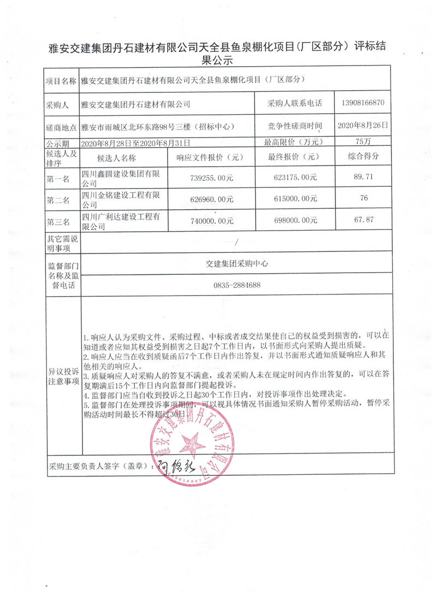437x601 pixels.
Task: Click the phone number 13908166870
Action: tap(363, 103)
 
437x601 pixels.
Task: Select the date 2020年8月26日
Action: tap(363, 125)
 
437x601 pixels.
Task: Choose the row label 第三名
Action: tap(59, 221)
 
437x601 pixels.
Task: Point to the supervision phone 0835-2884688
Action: tap(237, 285)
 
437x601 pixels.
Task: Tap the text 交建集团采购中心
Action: tap(237, 263)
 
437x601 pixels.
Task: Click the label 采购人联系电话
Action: tap(295, 103)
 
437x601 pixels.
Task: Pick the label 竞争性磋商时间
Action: tap(295, 126)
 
